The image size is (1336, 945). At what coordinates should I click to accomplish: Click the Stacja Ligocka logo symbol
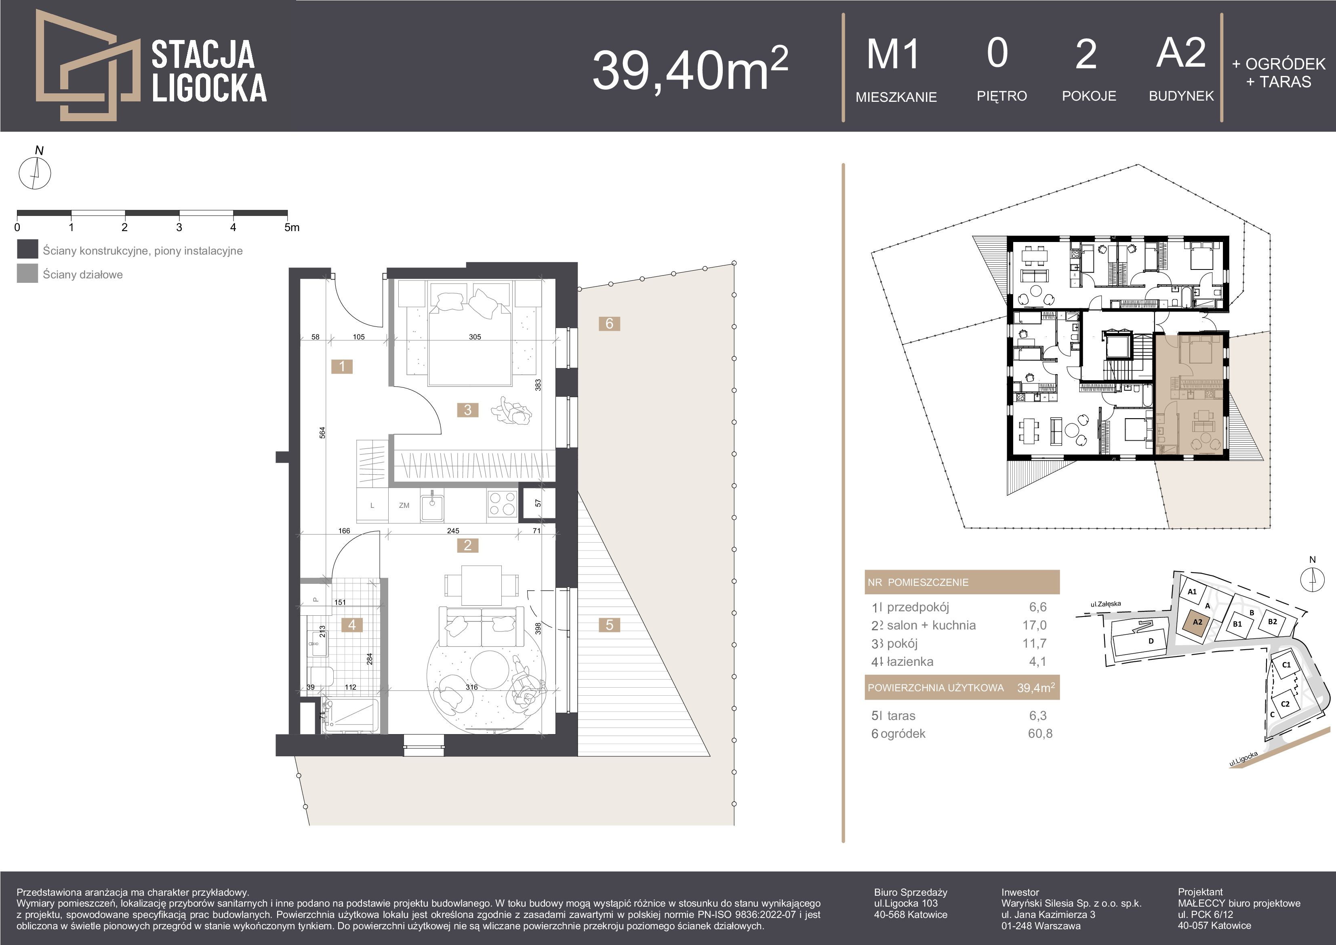click(87, 65)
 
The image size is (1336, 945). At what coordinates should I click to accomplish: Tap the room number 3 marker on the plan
click(468, 410)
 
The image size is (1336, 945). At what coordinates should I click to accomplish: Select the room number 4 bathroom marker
click(352, 625)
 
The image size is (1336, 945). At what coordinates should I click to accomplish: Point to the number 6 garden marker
click(609, 324)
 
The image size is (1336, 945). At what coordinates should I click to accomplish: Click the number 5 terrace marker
click(609, 625)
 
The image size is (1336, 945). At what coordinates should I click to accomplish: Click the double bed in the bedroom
click(470, 333)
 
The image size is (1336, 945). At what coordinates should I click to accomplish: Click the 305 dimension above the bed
click(475, 337)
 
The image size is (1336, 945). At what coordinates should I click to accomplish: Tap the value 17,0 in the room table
click(1034, 625)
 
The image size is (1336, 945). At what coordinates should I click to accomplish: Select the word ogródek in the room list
click(903, 733)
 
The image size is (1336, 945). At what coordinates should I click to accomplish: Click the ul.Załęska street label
click(1106, 604)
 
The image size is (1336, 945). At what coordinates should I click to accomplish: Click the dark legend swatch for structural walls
click(27, 249)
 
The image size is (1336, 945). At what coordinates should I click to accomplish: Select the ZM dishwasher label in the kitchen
click(404, 505)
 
